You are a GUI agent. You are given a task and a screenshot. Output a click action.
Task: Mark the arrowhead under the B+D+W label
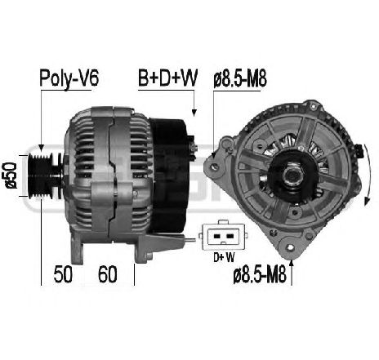[x=194, y=114]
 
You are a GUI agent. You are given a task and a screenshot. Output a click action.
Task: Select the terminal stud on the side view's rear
[x=194, y=147]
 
